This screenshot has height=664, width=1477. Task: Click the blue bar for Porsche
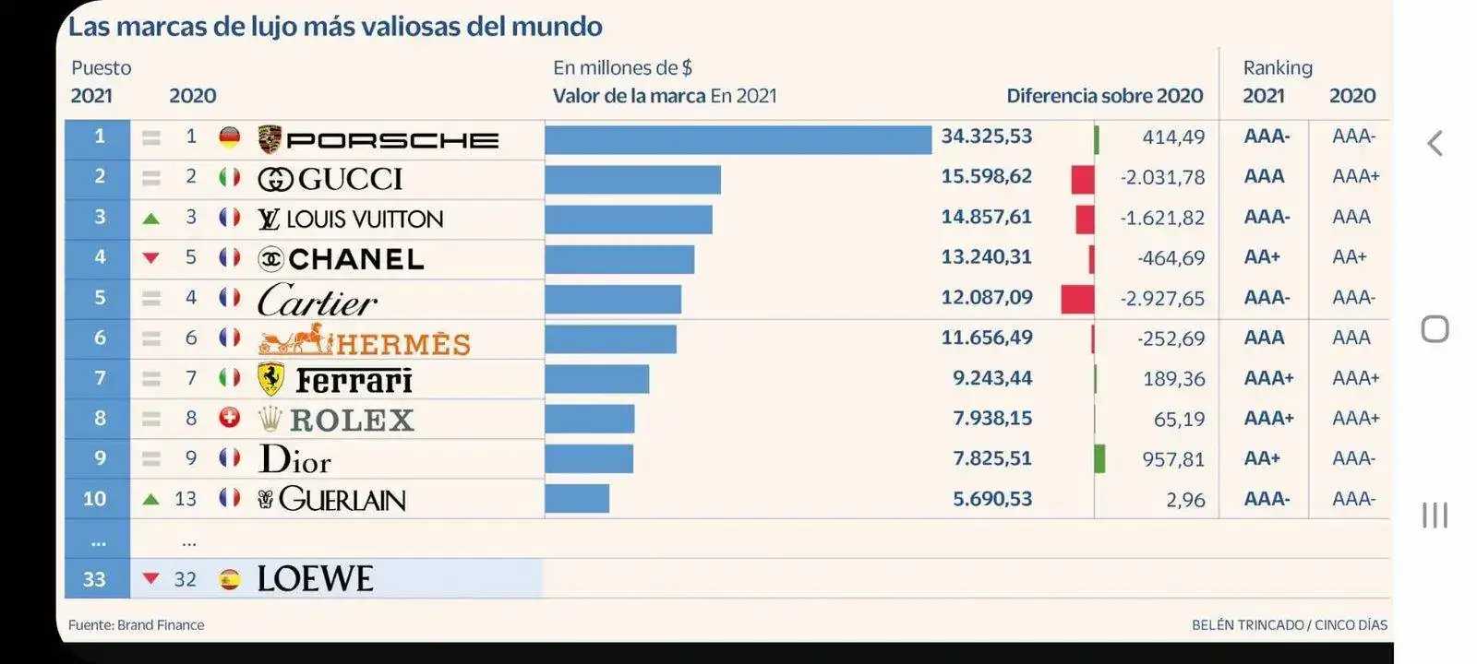738,140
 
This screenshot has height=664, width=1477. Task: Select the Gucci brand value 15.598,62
986,176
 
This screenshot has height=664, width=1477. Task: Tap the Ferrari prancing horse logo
270,379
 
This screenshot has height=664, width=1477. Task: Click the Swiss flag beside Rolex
230,418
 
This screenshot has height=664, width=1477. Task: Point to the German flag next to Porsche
230,137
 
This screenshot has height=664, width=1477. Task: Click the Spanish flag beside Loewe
230,579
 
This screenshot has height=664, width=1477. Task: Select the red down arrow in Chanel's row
151,258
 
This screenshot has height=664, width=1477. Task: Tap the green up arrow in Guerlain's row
151,500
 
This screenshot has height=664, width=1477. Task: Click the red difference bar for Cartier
1077,299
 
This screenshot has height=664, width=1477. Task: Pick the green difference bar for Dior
1099,458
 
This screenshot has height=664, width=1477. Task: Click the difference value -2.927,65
1162,299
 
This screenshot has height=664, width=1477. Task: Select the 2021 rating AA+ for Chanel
1262,257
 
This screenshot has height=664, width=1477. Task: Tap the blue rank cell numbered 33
95,579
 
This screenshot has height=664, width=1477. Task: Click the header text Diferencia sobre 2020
1104,96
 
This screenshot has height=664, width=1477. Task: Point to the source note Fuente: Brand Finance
137,625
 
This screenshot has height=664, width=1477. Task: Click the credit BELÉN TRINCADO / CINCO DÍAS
1289,625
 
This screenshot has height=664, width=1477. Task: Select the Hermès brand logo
364,341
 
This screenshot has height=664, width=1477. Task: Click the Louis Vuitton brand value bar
628,219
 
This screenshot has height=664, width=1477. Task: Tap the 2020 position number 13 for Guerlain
186,499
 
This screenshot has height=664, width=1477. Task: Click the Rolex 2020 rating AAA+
1355,419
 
